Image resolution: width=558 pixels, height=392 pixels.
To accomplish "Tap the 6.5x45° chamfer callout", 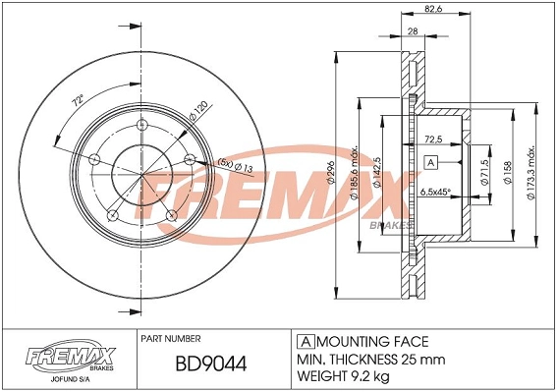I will click(x=436, y=193).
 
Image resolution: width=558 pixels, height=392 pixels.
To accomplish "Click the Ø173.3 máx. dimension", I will click(x=531, y=175).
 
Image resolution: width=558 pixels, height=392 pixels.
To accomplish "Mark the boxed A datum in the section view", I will click(x=430, y=160).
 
